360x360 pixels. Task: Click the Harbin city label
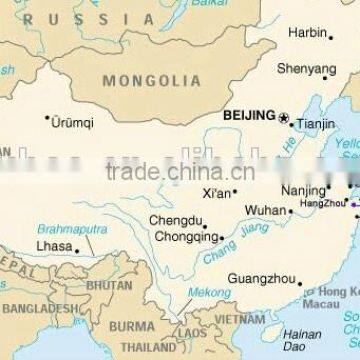click(306, 33)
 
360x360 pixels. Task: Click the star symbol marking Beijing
click(283, 119)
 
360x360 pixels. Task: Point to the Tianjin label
click(316, 124)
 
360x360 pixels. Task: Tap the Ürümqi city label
click(73, 123)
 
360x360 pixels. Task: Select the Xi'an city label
click(217, 193)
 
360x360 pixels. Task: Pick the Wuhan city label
click(265, 211)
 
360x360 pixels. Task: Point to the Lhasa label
click(53, 246)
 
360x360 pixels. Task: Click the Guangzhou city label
click(261, 279)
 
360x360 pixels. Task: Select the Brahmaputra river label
click(73, 229)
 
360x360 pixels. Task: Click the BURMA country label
click(131, 326)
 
